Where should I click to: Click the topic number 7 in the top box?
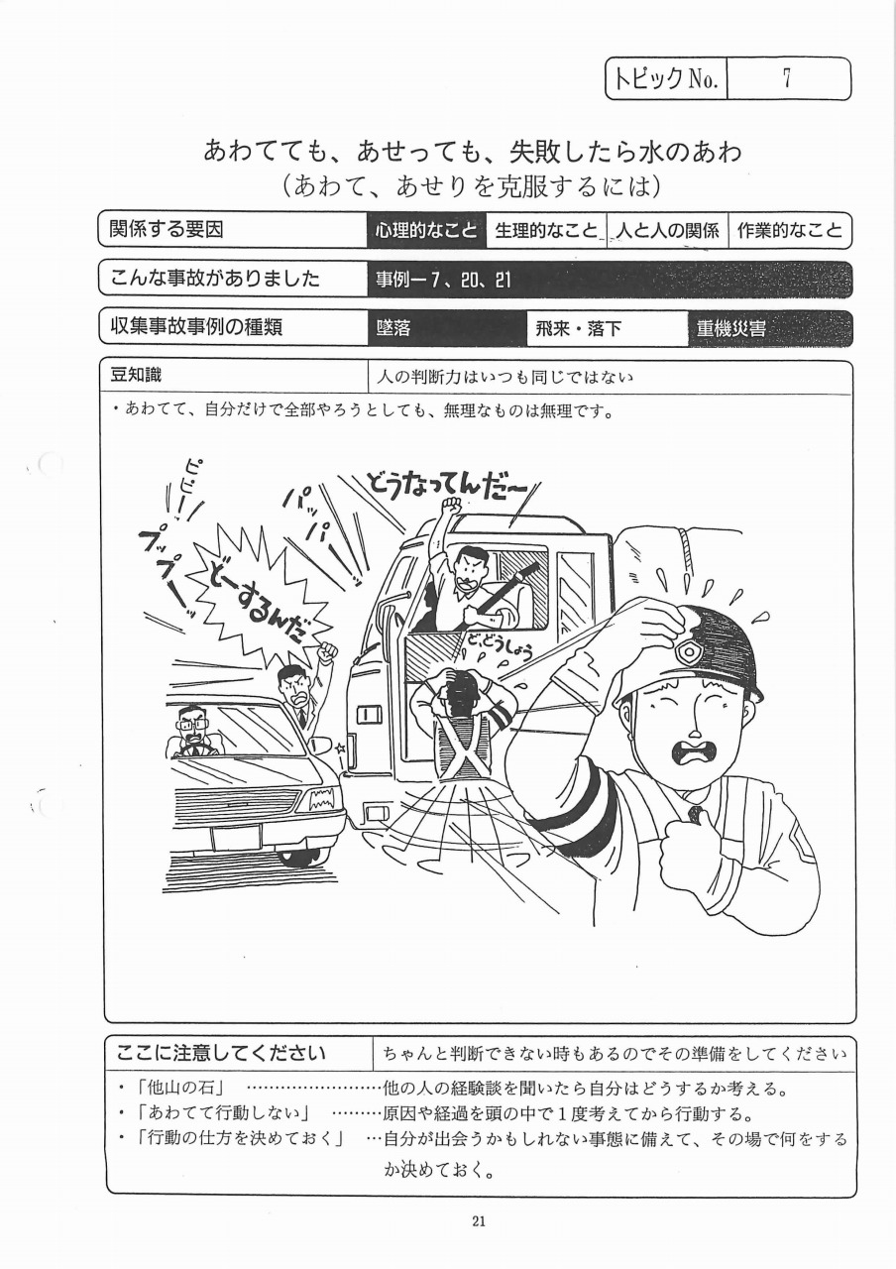[x=787, y=78]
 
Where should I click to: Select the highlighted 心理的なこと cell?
[x=426, y=231]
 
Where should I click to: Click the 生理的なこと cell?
[x=546, y=231]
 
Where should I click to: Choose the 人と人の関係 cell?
[x=667, y=231]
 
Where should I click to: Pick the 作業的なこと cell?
[x=790, y=231]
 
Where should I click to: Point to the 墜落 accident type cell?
[x=447, y=328]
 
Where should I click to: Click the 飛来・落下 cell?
[x=608, y=328]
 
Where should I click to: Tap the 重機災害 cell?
[x=770, y=328]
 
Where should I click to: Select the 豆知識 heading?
[x=136, y=375]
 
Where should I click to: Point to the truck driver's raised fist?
[x=451, y=504]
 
